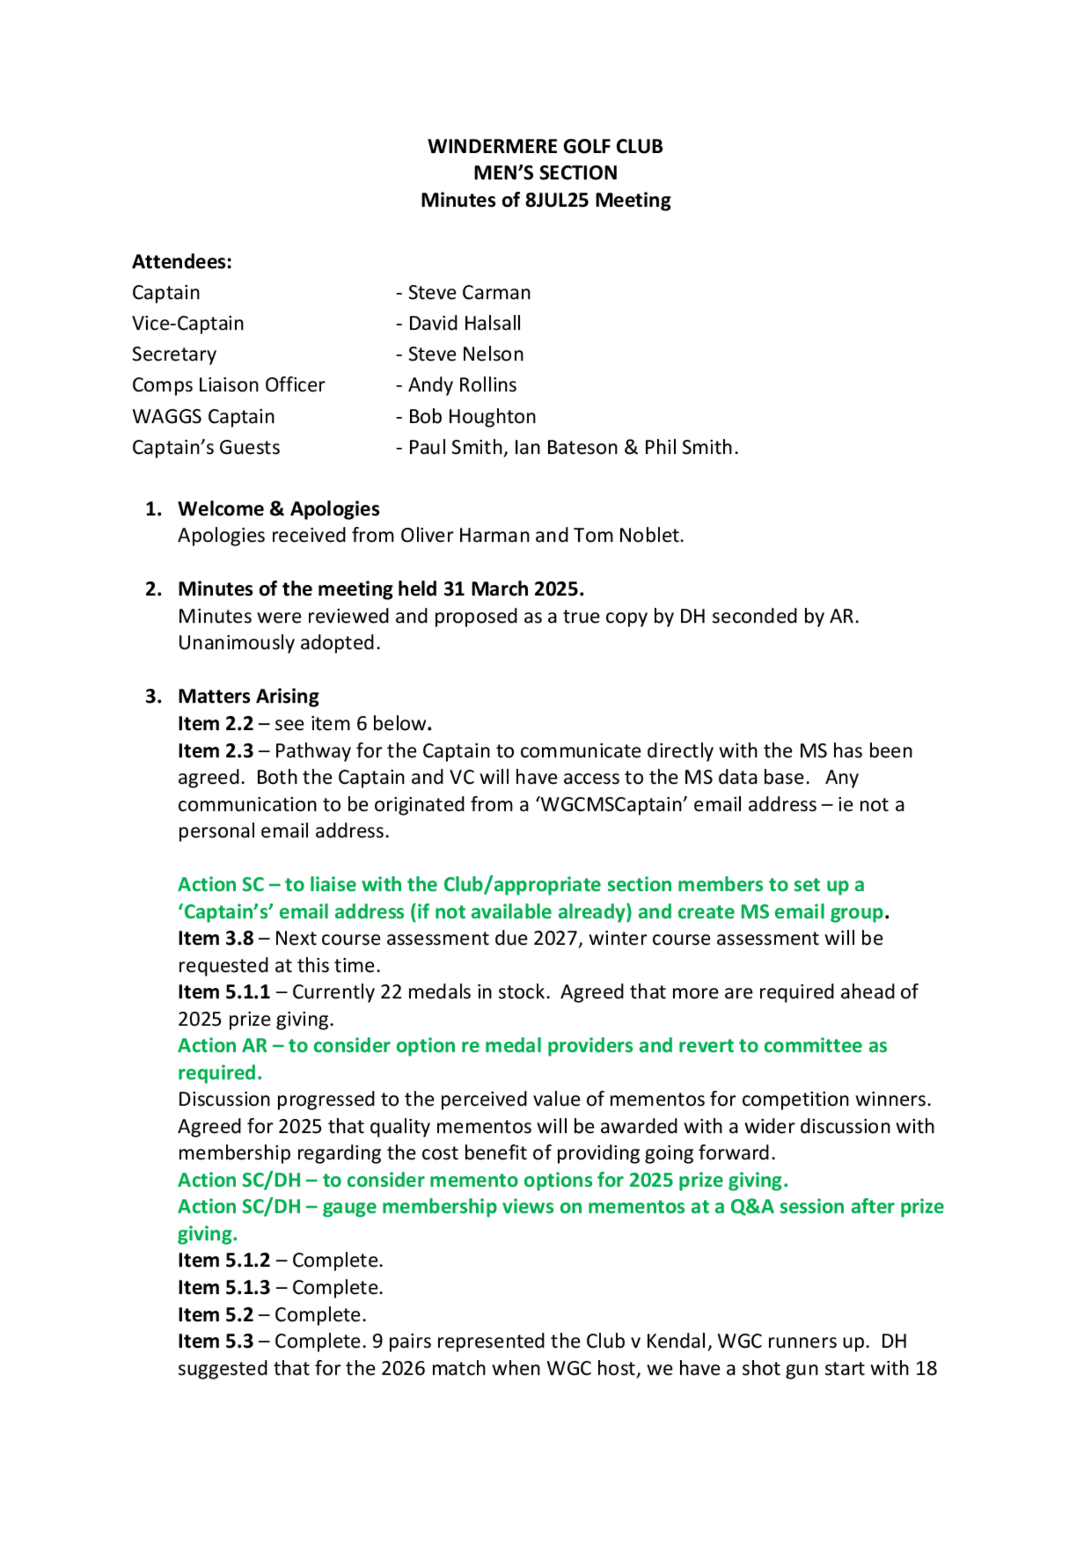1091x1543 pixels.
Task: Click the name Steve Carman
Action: pos(469,292)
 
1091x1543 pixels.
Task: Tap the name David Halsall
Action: pos(465,323)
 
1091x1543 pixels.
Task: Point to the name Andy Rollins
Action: pos(463,385)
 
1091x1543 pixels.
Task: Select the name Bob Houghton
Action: pos(472,417)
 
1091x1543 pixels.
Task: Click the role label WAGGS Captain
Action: pos(203,417)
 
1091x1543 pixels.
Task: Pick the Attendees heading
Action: pos(182,261)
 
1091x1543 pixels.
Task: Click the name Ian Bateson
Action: pos(565,448)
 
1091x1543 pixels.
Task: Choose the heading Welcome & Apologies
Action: pos(278,509)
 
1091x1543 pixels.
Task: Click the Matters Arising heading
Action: pos(248,696)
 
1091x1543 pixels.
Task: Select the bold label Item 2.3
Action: pos(215,751)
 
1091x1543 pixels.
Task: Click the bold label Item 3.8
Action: pos(215,938)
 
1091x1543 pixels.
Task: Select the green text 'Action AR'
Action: pos(223,1046)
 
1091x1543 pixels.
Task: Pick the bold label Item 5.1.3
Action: pos(224,1288)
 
